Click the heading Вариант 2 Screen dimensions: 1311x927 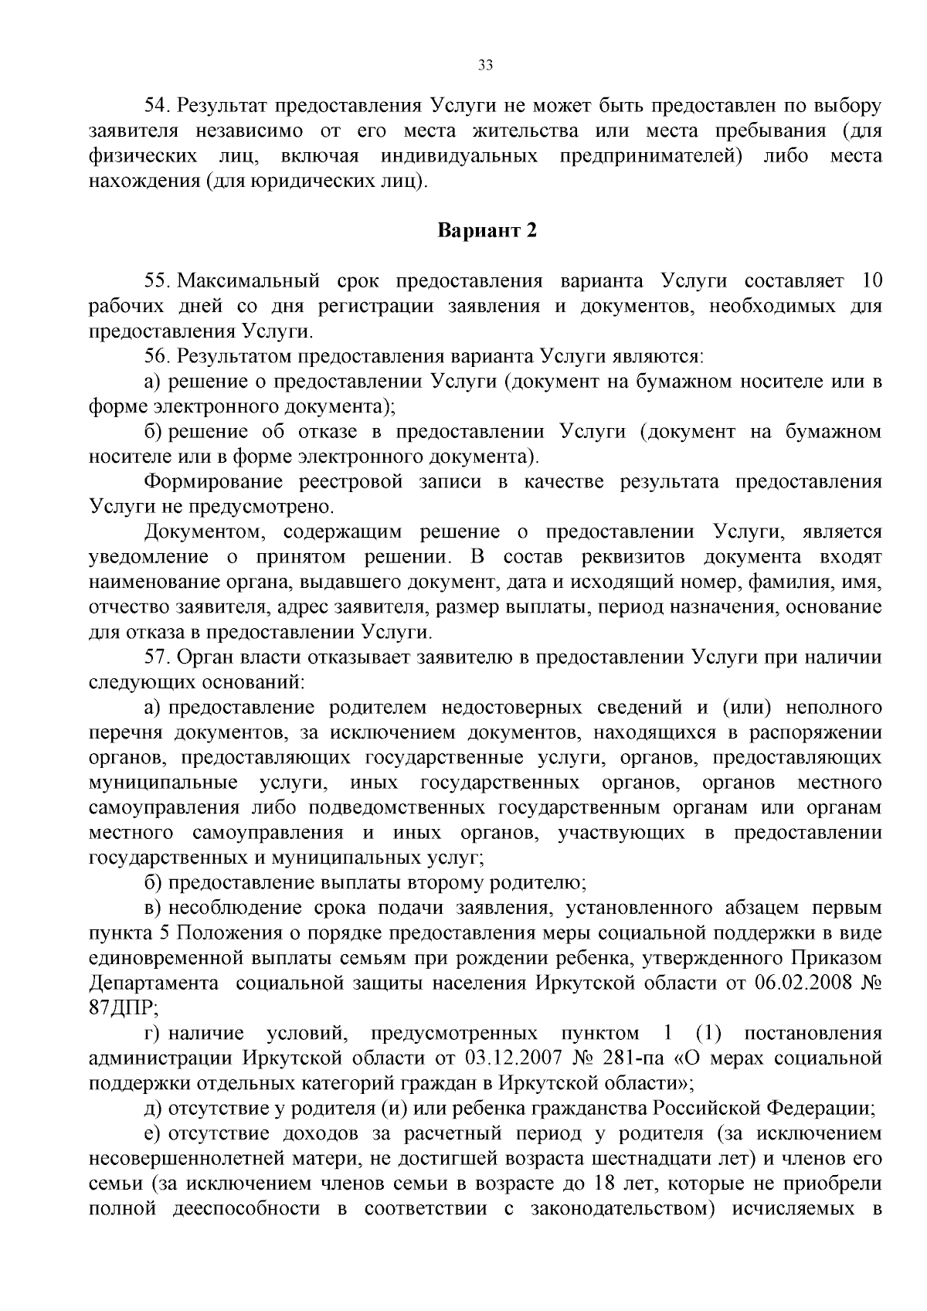coord(487,231)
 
